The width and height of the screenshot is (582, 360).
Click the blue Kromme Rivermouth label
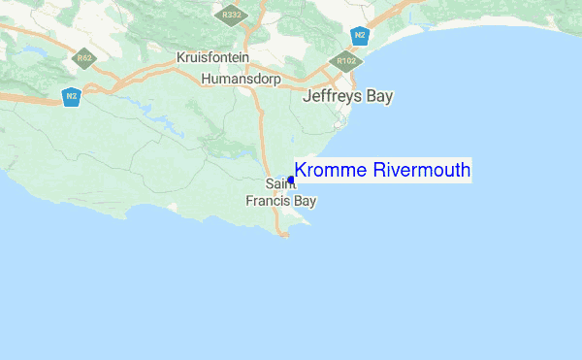tap(382, 171)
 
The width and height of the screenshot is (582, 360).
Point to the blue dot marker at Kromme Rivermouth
tap(291, 180)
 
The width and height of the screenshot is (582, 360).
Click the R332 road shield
tap(231, 16)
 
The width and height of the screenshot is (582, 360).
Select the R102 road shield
tap(342, 61)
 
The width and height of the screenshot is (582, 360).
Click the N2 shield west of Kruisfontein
tap(71, 96)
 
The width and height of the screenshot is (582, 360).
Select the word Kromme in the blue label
tap(331, 171)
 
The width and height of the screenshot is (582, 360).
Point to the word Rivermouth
tap(422, 171)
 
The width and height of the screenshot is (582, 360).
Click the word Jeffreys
tap(334, 97)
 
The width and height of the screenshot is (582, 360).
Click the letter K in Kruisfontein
tap(181, 58)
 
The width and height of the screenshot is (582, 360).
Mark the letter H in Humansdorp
tap(206, 78)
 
